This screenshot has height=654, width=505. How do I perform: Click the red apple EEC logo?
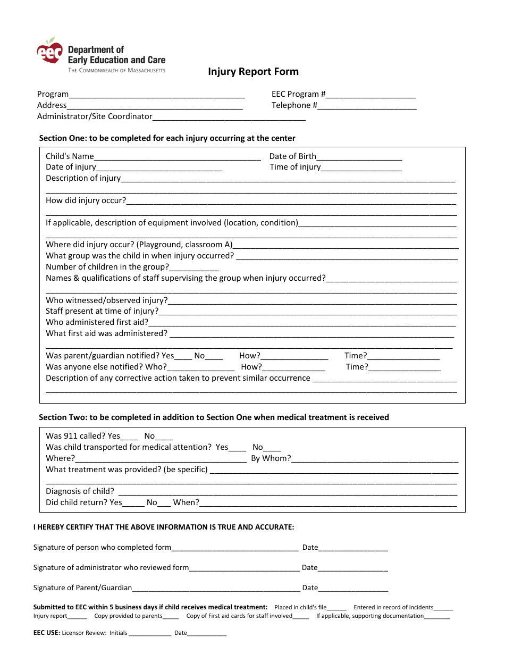point(49,52)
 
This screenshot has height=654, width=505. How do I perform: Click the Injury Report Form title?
point(253,72)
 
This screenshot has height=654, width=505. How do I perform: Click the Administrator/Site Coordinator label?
point(95,116)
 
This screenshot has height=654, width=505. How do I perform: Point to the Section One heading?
point(167,138)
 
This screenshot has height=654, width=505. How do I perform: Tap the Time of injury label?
point(295,167)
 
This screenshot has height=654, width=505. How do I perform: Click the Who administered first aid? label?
point(97,322)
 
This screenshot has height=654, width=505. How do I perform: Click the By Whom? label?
point(271,458)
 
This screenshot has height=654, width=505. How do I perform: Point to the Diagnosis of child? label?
point(80,491)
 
